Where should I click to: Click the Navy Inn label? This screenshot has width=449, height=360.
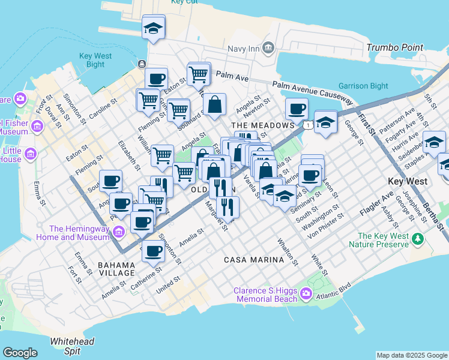[x=244, y=48]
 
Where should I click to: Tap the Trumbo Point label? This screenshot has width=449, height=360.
[x=394, y=47]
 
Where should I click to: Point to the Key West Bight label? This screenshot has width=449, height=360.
[x=95, y=60]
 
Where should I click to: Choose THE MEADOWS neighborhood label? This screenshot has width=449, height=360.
[x=263, y=125]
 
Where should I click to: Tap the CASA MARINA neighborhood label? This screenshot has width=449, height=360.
[x=253, y=260]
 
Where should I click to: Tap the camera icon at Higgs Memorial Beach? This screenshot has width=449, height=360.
[x=306, y=293]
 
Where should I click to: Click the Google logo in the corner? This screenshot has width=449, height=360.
[x=20, y=352]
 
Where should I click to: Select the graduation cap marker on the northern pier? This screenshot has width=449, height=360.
[x=154, y=28]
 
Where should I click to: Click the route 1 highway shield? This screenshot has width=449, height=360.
[x=307, y=125]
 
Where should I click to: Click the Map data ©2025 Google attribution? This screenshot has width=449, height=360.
[x=412, y=355]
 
